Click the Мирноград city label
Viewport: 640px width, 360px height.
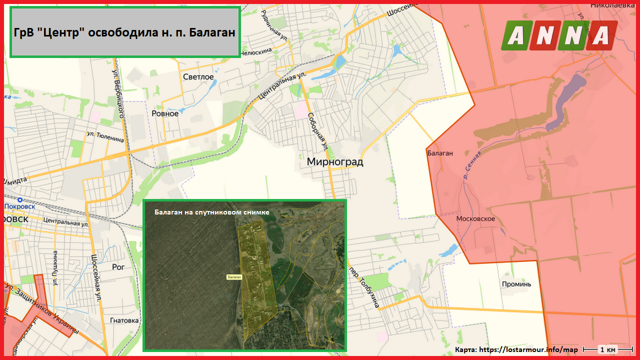pos(334,162)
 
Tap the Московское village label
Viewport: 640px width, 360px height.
pos(475,219)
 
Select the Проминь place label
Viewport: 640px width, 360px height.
pos(516,284)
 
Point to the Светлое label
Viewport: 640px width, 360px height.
pos(198,77)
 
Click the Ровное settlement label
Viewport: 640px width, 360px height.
pos(165,113)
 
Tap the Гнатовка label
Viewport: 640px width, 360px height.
pos(124,320)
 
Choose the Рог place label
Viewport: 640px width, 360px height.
pos(118,267)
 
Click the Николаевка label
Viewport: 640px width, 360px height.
pos(611,5)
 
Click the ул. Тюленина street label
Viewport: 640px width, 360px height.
pos(105,136)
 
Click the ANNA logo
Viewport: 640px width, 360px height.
pos(559,35)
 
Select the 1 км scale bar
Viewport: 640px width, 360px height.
pos(608,349)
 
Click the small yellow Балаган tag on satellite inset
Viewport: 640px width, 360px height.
pos(234,276)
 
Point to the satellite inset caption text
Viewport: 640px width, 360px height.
pos(212,212)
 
